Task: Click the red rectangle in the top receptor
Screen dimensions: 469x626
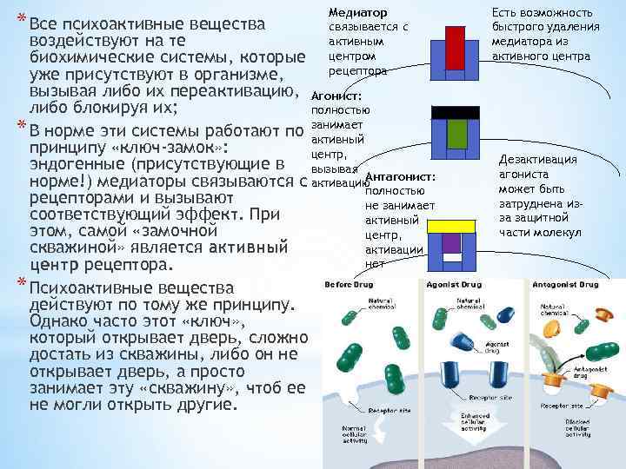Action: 455,44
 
